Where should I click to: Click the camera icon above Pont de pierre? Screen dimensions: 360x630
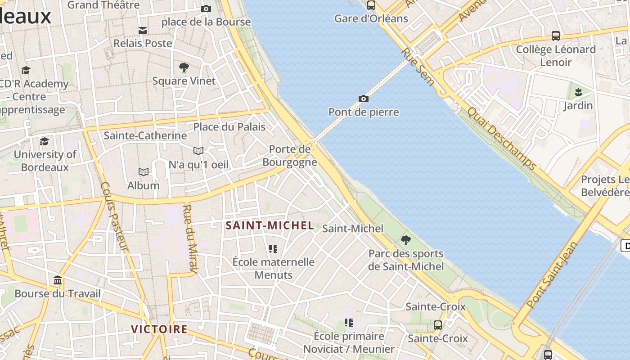364,99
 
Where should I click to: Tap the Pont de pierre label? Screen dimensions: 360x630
364,112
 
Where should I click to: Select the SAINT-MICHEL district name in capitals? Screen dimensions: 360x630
270,225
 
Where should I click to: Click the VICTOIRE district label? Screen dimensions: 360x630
159,329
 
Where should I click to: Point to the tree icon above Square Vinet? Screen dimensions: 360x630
184,67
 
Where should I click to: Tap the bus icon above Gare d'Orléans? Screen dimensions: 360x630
371,5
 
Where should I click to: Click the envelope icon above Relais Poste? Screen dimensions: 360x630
143,30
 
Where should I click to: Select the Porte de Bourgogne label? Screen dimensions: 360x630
290,156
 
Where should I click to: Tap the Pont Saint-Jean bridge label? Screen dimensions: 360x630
552,275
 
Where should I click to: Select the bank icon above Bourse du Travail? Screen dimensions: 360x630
58,280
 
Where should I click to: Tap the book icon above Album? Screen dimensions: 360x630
144,172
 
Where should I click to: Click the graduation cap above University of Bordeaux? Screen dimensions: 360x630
44,141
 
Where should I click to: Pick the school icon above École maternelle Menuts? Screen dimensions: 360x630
273,248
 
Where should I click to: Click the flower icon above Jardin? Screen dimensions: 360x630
578,92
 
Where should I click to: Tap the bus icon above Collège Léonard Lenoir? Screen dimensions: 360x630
556,36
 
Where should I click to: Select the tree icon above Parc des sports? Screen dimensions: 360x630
406,240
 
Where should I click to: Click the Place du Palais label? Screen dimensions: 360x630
229,127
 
